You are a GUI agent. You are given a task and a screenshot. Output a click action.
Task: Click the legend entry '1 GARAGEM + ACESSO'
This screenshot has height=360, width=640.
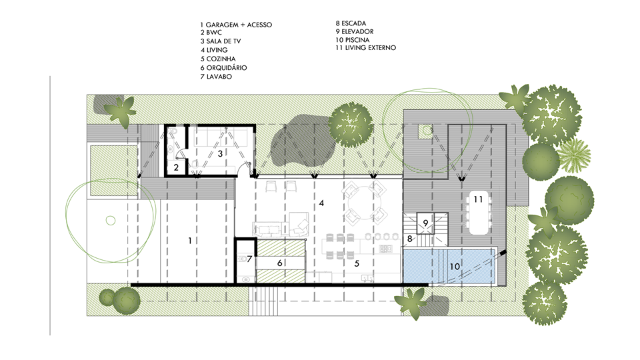(236, 25)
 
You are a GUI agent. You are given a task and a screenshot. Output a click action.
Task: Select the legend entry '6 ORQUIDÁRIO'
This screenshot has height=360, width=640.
(223, 68)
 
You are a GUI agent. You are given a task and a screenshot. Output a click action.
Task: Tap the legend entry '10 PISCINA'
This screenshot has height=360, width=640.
(352, 40)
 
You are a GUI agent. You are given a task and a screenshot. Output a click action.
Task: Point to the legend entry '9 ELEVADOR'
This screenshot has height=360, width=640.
(354, 31)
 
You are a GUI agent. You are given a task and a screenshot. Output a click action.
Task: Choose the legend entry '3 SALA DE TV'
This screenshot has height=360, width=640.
(221, 41)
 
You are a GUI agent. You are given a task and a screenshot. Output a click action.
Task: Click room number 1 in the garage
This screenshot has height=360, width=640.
(190, 241)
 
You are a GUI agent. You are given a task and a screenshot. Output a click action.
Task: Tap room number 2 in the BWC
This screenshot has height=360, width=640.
(176, 167)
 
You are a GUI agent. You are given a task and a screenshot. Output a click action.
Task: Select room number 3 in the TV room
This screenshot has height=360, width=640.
(220, 154)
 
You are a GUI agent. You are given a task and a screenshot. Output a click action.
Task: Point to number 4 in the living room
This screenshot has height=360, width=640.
(321, 203)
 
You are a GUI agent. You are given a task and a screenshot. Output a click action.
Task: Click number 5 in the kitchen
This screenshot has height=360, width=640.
(357, 264)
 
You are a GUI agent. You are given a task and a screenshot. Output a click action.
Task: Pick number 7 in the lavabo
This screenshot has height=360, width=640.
(249, 259)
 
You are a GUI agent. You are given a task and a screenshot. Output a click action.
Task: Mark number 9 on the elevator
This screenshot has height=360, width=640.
(425, 223)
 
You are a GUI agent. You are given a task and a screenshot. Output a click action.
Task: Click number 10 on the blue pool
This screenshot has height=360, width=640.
(455, 267)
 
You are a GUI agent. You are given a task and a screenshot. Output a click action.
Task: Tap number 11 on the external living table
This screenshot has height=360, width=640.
(479, 199)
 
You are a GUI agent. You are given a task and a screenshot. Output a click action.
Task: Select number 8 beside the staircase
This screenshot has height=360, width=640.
(410, 239)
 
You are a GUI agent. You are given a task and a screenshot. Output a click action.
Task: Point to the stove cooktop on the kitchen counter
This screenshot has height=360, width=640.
(385, 249)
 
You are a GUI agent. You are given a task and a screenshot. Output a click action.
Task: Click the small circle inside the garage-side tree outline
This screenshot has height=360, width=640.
(111, 221)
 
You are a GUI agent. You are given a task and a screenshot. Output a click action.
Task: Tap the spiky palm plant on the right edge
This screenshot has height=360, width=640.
(574, 155)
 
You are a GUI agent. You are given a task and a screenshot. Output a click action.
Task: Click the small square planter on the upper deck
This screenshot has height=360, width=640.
(425, 131)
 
